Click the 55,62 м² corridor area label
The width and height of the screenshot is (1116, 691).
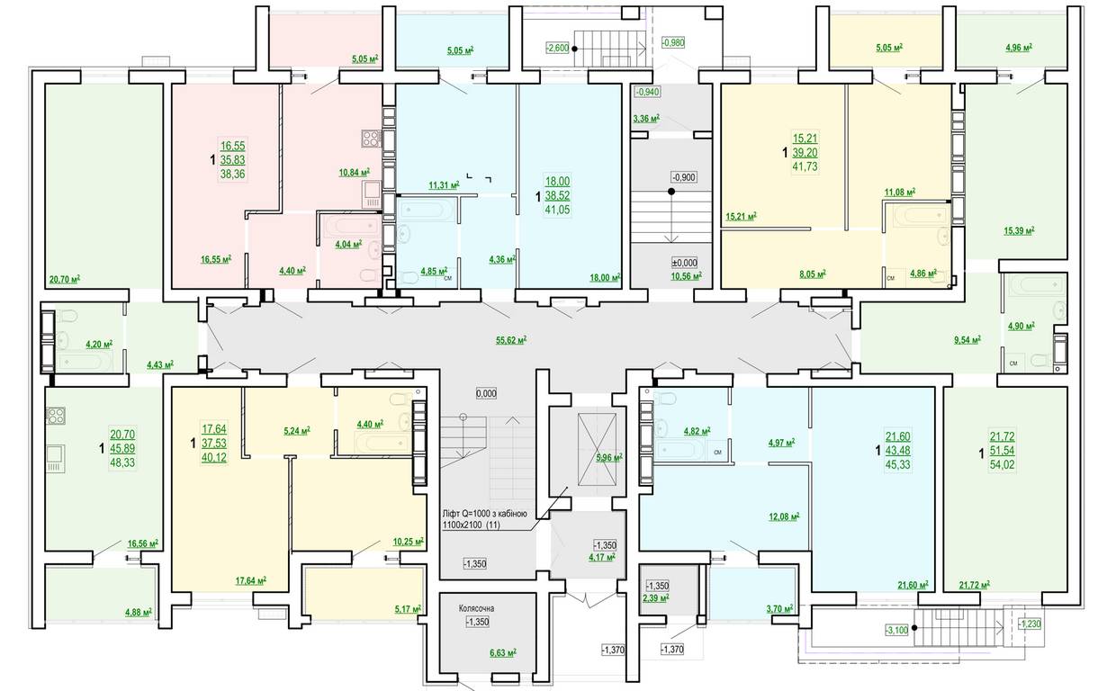[511, 340]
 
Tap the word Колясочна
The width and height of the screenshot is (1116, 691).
[476, 608]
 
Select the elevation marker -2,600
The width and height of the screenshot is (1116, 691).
[557, 49]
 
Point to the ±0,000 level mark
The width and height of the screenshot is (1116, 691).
[685, 263]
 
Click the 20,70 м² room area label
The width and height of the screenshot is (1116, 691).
[65, 279]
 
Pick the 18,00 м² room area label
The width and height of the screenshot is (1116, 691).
[605, 277]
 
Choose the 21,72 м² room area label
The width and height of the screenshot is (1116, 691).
[975, 585]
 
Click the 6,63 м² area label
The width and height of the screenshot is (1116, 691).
[503, 652]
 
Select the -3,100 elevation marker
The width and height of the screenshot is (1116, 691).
[896, 630]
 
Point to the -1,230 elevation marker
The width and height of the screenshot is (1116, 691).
[1030, 624]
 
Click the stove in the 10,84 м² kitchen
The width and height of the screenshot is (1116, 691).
[372, 139]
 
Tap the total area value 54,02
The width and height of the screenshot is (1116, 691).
[1003, 465]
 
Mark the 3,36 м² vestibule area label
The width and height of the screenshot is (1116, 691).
[646, 119]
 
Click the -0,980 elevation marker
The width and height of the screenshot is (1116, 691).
[673, 43]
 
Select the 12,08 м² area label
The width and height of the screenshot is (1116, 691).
[784, 516]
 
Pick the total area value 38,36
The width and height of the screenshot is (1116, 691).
[233, 174]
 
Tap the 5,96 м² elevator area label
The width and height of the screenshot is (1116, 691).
[609, 457]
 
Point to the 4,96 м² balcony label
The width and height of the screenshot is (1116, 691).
[1019, 48]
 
